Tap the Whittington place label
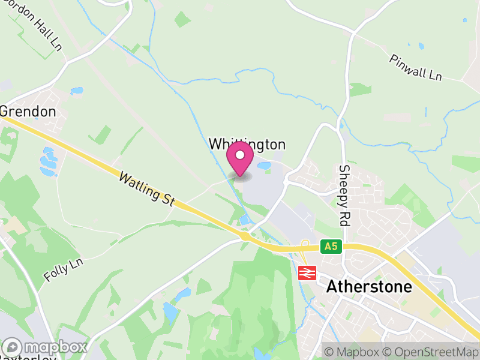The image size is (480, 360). point(247,144)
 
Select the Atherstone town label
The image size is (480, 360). point(369,287)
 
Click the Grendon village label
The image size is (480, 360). point(28,112)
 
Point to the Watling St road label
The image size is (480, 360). point(146,188)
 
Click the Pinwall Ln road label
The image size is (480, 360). point(415,67)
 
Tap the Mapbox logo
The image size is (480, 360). point(46,347)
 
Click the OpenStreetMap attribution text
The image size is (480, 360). point(431,351)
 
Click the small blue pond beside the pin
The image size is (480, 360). point(264,166)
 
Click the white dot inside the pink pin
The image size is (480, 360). point(240,155)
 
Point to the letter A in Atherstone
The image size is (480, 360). point(332,287)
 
